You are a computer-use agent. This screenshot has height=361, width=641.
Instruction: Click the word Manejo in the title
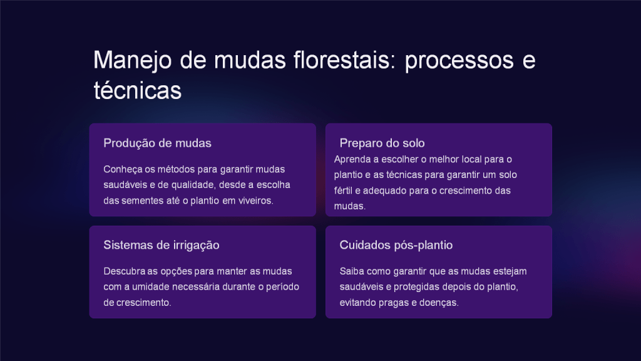133,61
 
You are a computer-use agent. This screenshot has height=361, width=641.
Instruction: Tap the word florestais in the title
345,60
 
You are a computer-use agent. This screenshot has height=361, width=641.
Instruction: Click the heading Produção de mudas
157,144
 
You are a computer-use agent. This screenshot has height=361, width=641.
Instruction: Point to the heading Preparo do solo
382,144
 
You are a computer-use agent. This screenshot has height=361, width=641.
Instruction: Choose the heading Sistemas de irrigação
162,245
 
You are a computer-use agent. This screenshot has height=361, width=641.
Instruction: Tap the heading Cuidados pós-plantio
396,245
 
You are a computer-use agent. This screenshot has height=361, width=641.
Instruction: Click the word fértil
343,191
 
